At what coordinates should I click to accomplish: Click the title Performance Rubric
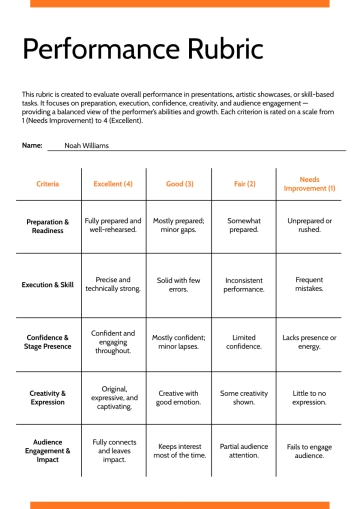click(x=142, y=48)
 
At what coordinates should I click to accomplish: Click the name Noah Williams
click(x=86, y=145)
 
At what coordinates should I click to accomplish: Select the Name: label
click(x=32, y=145)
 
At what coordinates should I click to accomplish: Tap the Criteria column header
click(x=47, y=183)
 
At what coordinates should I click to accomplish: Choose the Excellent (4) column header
click(x=113, y=183)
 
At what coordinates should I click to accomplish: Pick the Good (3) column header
click(x=179, y=183)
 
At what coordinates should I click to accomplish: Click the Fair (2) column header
click(x=244, y=183)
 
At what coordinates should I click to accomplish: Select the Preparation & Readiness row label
click(x=47, y=225)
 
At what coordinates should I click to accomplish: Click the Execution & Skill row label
click(x=47, y=284)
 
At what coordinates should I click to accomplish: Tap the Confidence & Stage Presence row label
click(x=47, y=343)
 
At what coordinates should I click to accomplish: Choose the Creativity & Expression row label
click(x=47, y=398)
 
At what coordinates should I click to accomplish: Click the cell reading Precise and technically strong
click(x=113, y=284)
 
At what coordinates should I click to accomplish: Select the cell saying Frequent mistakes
click(x=310, y=284)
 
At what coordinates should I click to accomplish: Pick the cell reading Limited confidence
click(x=244, y=343)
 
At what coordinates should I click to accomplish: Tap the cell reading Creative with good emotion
click(x=179, y=398)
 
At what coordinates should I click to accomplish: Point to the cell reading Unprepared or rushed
click(x=310, y=225)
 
